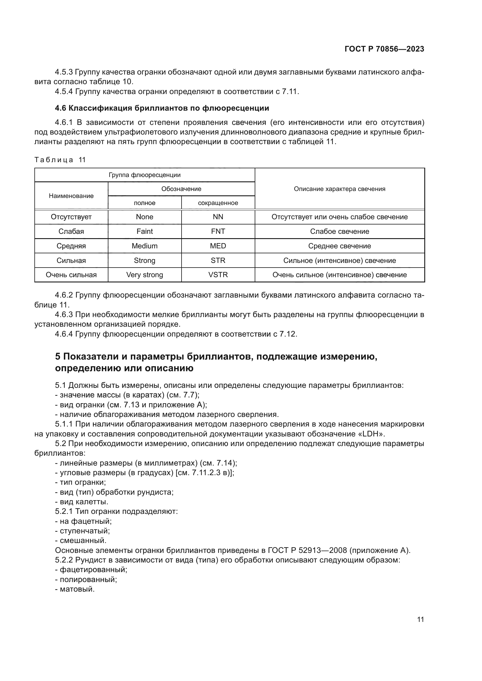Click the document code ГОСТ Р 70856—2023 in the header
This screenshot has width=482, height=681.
(x=384, y=49)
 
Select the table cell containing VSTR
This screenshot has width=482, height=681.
(x=218, y=275)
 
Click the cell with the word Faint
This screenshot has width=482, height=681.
(x=145, y=231)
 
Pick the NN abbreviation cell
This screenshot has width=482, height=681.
(x=218, y=217)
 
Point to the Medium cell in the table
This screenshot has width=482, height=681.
(x=145, y=246)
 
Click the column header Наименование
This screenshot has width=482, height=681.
(x=71, y=196)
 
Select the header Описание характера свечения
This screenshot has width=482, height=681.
(x=339, y=189)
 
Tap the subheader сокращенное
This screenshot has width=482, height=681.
(x=218, y=203)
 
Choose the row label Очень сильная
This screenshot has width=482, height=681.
(x=71, y=275)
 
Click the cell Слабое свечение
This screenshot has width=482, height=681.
(x=339, y=231)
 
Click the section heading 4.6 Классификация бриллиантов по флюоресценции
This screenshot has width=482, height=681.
(x=162, y=108)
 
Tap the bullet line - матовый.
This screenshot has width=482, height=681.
(x=75, y=589)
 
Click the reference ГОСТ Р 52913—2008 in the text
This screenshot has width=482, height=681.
(x=307, y=550)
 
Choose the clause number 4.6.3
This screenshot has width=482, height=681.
(x=64, y=314)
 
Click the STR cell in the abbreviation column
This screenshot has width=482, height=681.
(x=218, y=260)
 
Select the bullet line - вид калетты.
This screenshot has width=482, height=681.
(x=82, y=502)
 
